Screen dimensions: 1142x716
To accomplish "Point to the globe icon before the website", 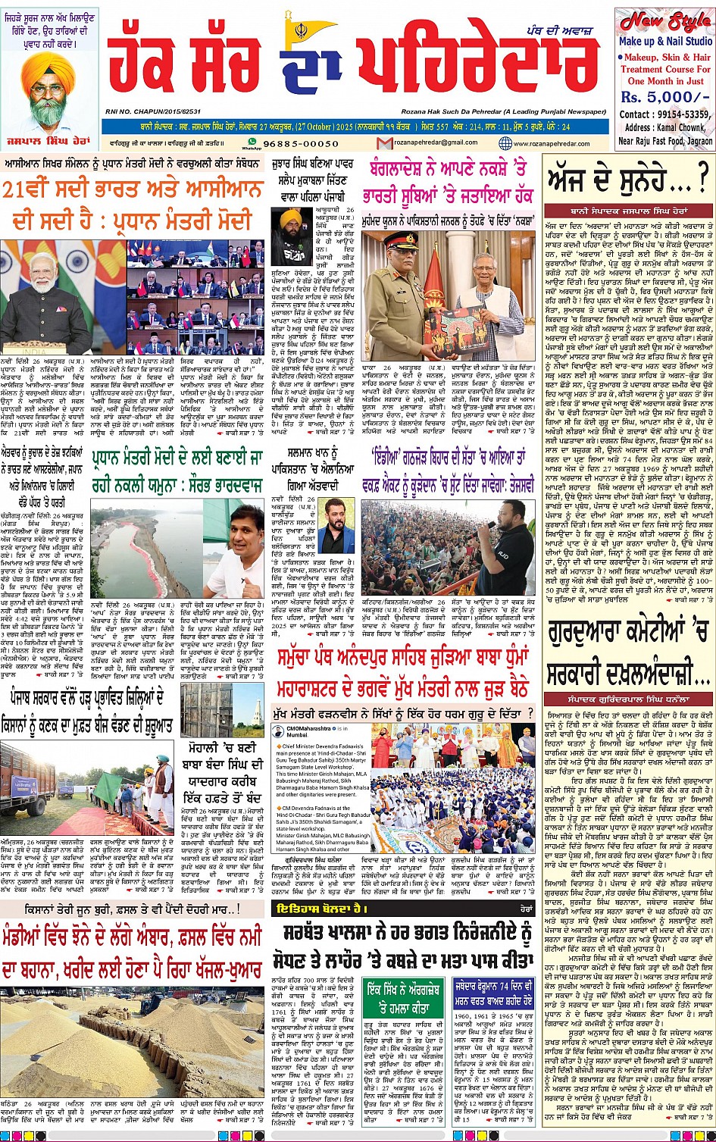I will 505,143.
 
